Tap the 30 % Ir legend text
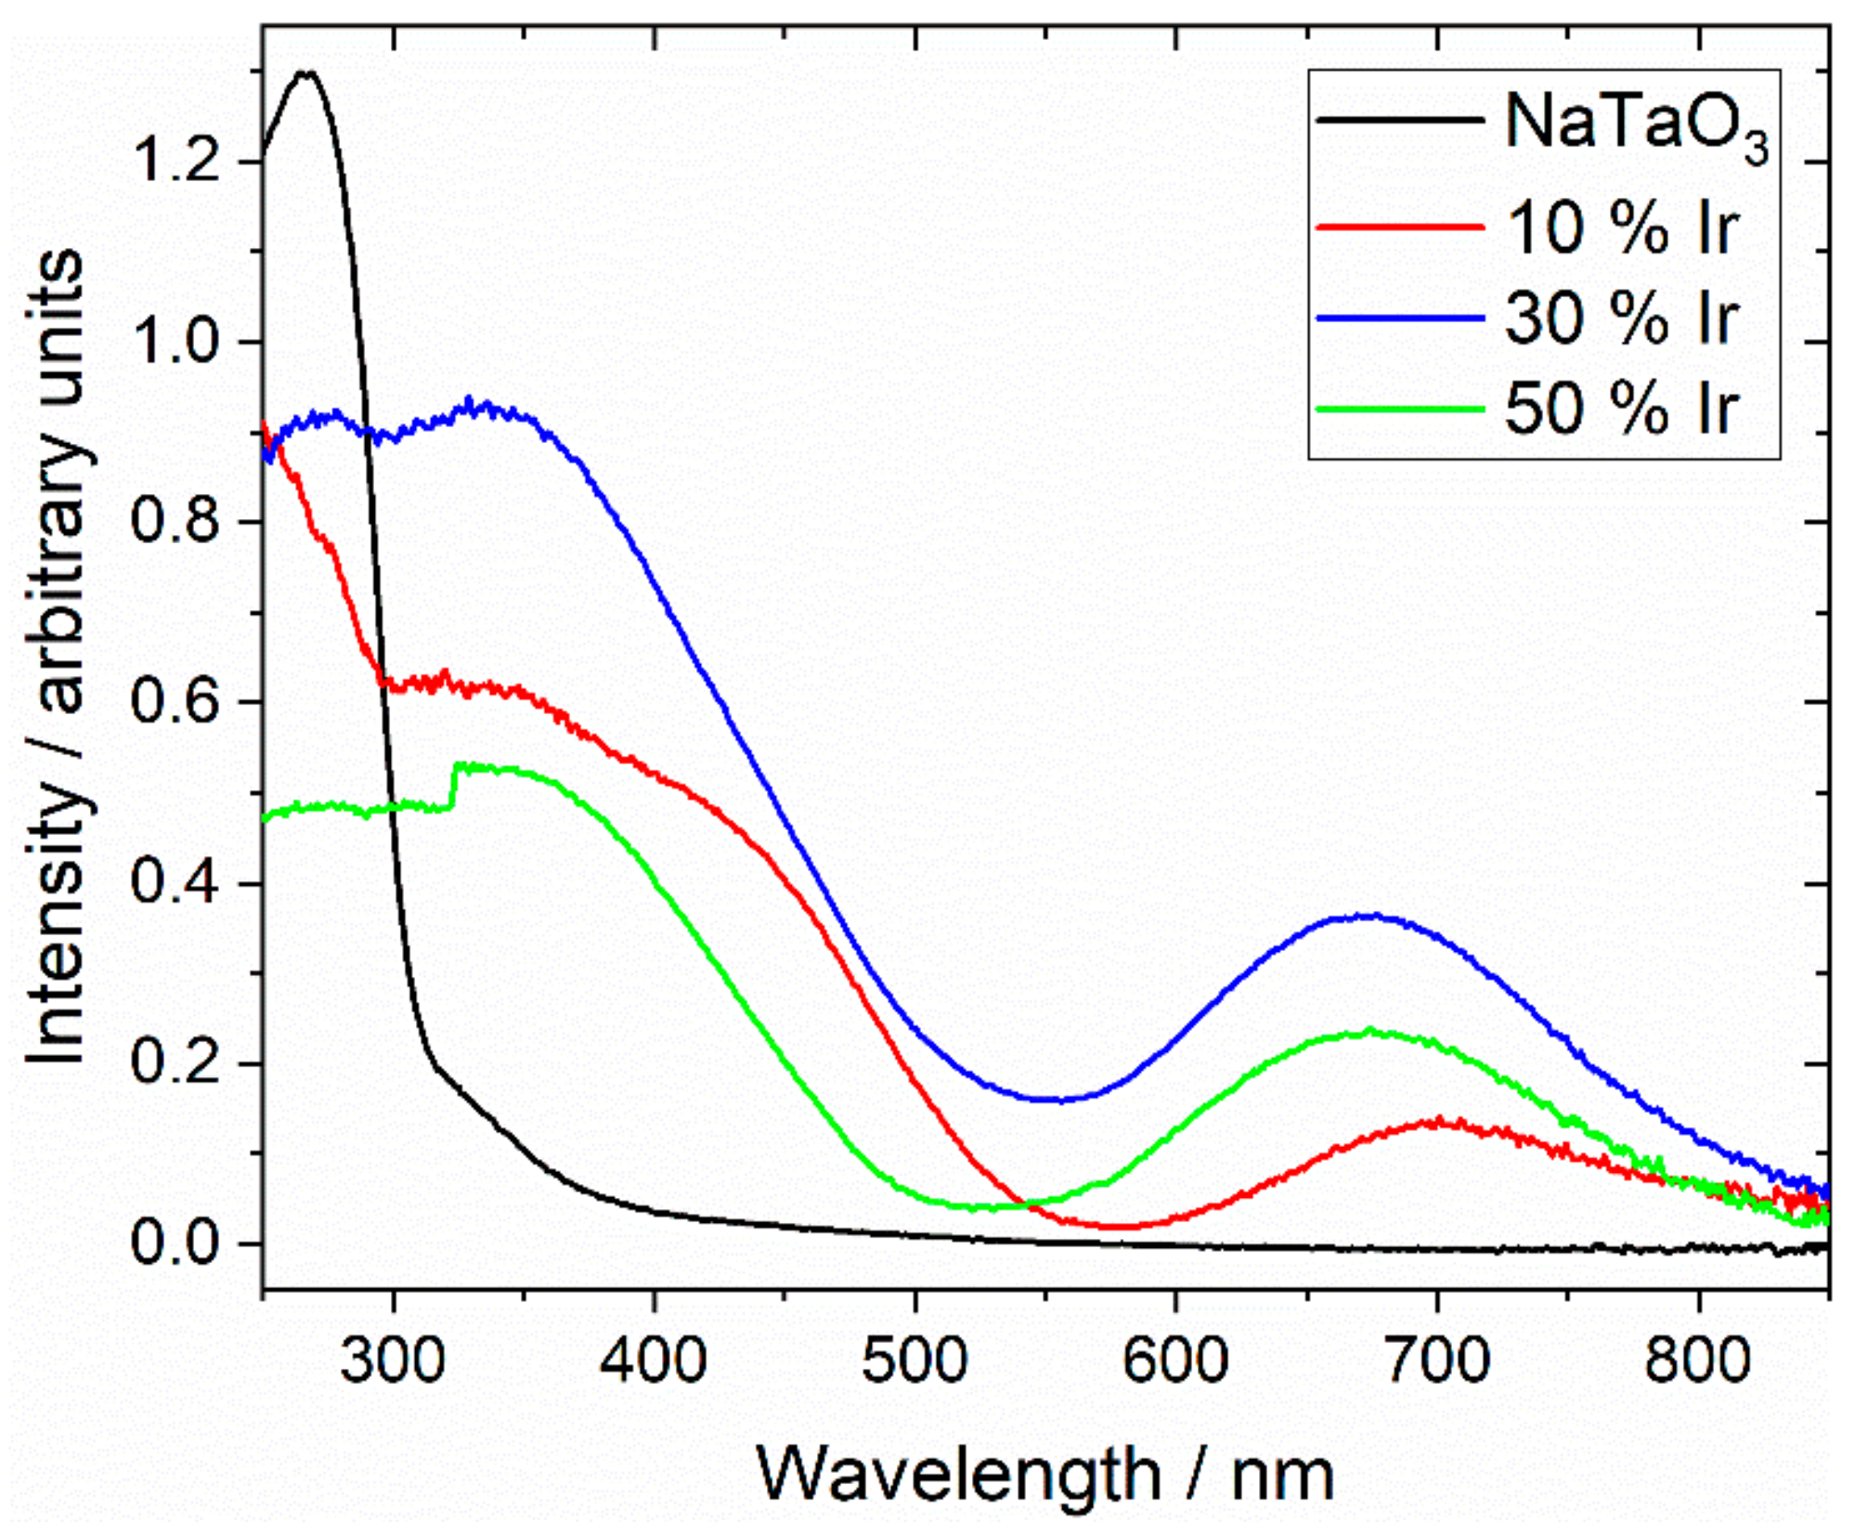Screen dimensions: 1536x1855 [1619, 319]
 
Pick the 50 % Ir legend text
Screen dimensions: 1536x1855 [1619, 409]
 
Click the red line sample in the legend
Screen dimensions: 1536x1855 [1399, 227]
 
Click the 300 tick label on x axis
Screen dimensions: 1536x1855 [393, 1361]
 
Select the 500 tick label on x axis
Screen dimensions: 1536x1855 [915, 1361]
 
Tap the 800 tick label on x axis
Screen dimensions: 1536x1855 [1698, 1361]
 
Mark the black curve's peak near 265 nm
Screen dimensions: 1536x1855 [304, 72]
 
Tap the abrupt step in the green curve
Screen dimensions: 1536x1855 [454, 786]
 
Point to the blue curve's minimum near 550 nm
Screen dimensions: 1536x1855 [1058, 1100]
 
